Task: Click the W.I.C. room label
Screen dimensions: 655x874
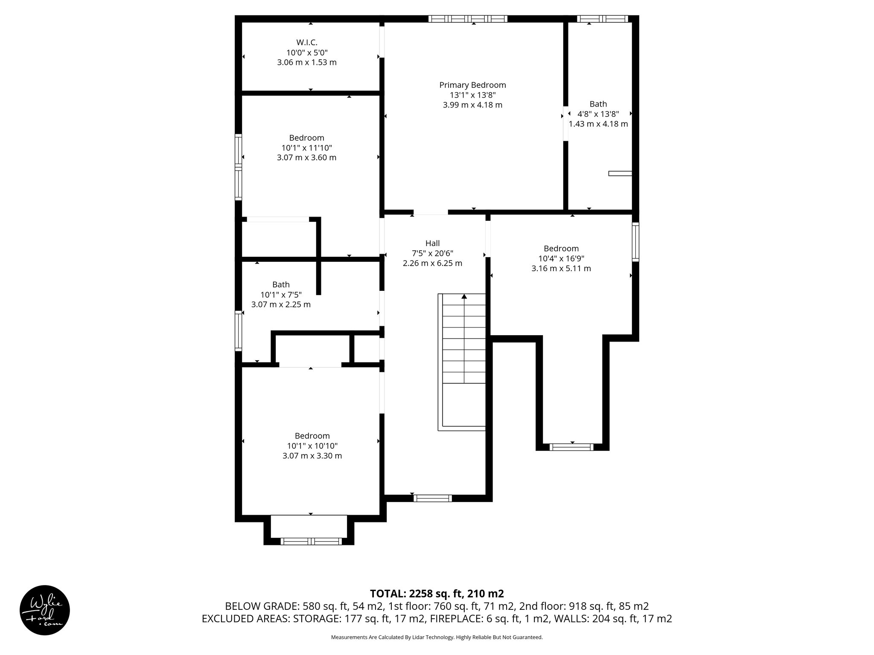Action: click(307, 42)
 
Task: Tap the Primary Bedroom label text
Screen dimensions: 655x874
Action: click(472, 85)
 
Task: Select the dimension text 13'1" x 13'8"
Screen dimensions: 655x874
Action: click(472, 95)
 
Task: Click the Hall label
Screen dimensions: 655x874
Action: click(432, 243)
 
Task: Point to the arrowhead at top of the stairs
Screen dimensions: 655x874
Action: click(464, 296)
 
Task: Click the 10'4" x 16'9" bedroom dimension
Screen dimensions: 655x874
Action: click(561, 258)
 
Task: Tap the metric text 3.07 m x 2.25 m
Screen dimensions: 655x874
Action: click(281, 304)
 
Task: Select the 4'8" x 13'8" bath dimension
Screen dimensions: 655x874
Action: click(598, 114)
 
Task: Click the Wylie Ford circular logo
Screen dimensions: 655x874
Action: click(45, 610)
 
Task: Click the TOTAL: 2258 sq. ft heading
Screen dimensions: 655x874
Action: click(437, 593)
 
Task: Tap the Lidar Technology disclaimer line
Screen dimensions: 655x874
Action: click(437, 637)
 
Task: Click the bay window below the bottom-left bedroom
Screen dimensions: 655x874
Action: click(311, 541)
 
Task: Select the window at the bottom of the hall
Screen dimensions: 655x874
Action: click(433, 498)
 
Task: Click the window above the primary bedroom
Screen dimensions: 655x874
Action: click(468, 19)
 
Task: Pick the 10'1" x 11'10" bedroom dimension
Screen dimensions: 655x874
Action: click(306, 148)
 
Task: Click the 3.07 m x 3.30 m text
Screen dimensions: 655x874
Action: click(312, 455)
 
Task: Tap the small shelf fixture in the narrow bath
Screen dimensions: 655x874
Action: click(620, 173)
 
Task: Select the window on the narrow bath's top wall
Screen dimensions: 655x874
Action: click(603, 19)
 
